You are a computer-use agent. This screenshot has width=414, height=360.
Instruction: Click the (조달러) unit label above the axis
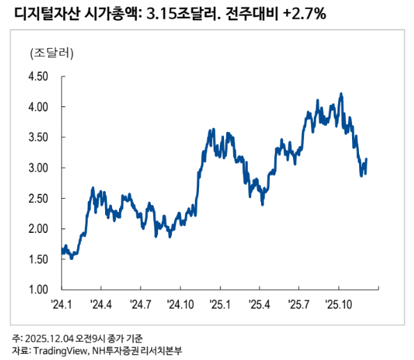pyautogui.click(x=52, y=53)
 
